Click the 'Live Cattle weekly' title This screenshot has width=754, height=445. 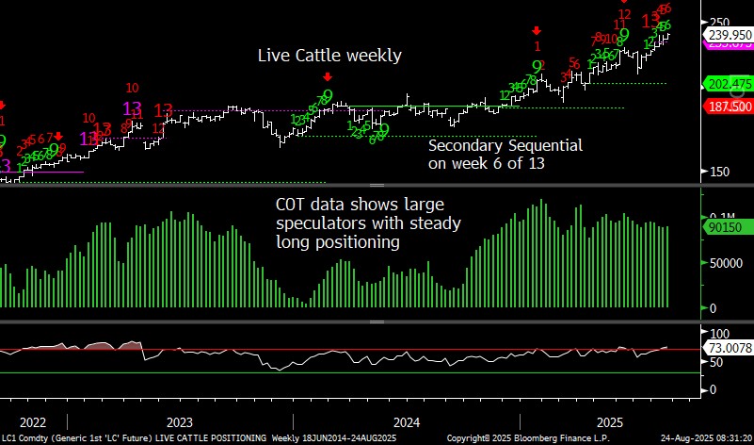(329, 56)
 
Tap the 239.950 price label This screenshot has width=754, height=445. (730, 34)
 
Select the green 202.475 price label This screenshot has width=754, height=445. (730, 84)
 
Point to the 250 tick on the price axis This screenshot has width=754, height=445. (719, 22)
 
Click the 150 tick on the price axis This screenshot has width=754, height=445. (719, 172)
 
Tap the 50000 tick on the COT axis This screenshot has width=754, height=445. (726, 265)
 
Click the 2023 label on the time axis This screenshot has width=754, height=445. (179, 421)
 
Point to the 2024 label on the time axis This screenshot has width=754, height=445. (407, 421)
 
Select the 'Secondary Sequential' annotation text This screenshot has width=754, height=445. (505, 146)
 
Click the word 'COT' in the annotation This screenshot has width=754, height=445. (291, 205)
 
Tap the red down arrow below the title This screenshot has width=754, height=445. (327, 77)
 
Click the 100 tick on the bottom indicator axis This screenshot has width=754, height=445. (719, 334)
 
